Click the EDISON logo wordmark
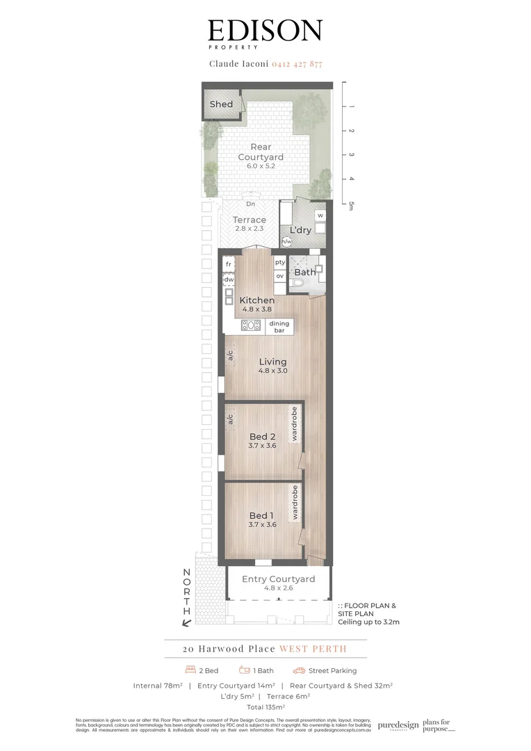click(265, 31)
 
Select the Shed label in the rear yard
click(221, 104)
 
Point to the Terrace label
click(249, 220)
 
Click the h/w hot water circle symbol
click(286, 241)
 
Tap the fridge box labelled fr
click(228, 264)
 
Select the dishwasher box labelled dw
click(228, 280)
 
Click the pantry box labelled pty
click(279, 262)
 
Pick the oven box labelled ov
click(279, 276)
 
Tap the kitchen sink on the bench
click(250, 325)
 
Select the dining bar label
click(279, 327)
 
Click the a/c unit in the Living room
click(229, 356)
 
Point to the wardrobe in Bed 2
click(295, 424)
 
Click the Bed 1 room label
click(261, 515)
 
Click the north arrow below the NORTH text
click(186, 622)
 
